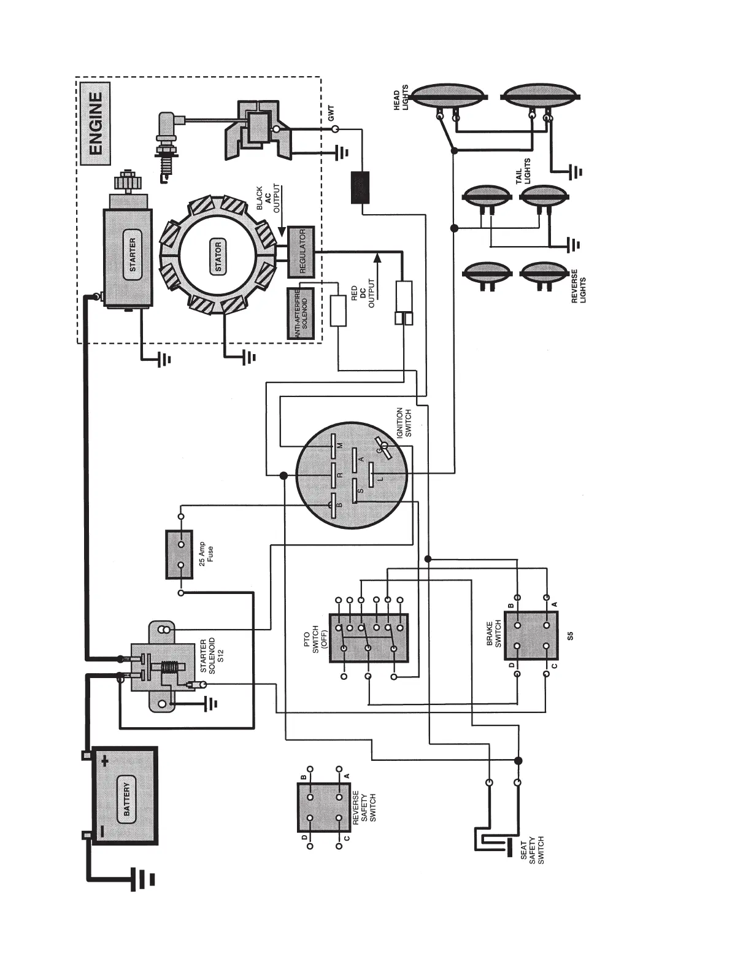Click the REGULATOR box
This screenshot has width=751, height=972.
point(301,252)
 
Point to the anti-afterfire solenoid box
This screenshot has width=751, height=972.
point(301,313)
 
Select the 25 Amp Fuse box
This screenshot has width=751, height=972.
point(180,555)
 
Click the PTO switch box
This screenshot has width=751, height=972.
point(368,638)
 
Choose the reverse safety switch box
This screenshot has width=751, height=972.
point(325,806)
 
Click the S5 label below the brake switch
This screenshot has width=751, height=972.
point(570,636)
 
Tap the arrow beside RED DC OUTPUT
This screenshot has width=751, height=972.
point(377,270)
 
